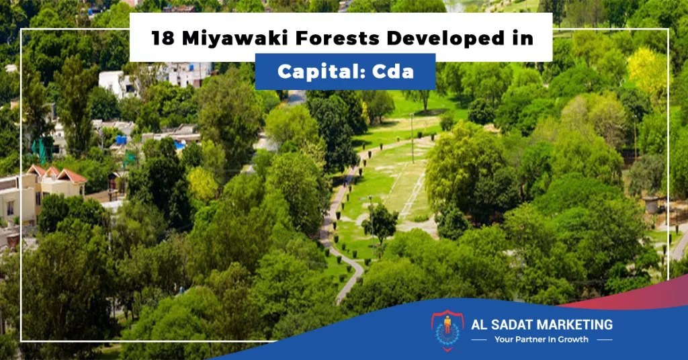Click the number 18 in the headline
(163, 38)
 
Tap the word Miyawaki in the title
(235, 38)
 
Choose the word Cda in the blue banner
(393, 72)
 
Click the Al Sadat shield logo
(447, 330)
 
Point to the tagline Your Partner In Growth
(542, 339)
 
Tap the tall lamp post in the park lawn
(412, 138)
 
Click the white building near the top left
(116, 83)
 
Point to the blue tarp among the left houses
(121, 140)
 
